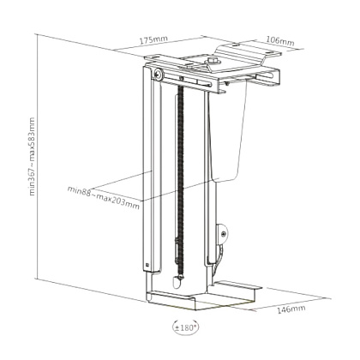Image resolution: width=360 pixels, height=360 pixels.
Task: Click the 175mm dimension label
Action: tap(153, 39)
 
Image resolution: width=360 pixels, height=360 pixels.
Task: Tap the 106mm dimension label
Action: tap(280, 41)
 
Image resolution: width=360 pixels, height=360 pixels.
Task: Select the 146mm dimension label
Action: tap(291, 309)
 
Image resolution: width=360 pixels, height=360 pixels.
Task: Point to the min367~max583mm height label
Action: tap(32, 157)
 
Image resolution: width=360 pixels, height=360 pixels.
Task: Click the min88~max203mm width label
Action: tap(104, 197)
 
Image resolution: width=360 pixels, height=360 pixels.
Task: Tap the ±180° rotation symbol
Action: tap(186, 327)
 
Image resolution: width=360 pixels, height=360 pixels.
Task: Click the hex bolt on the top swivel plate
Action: tap(213, 60)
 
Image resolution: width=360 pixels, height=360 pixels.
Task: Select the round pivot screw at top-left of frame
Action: tap(158, 74)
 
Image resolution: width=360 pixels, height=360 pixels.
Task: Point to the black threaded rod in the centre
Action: tap(180, 180)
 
